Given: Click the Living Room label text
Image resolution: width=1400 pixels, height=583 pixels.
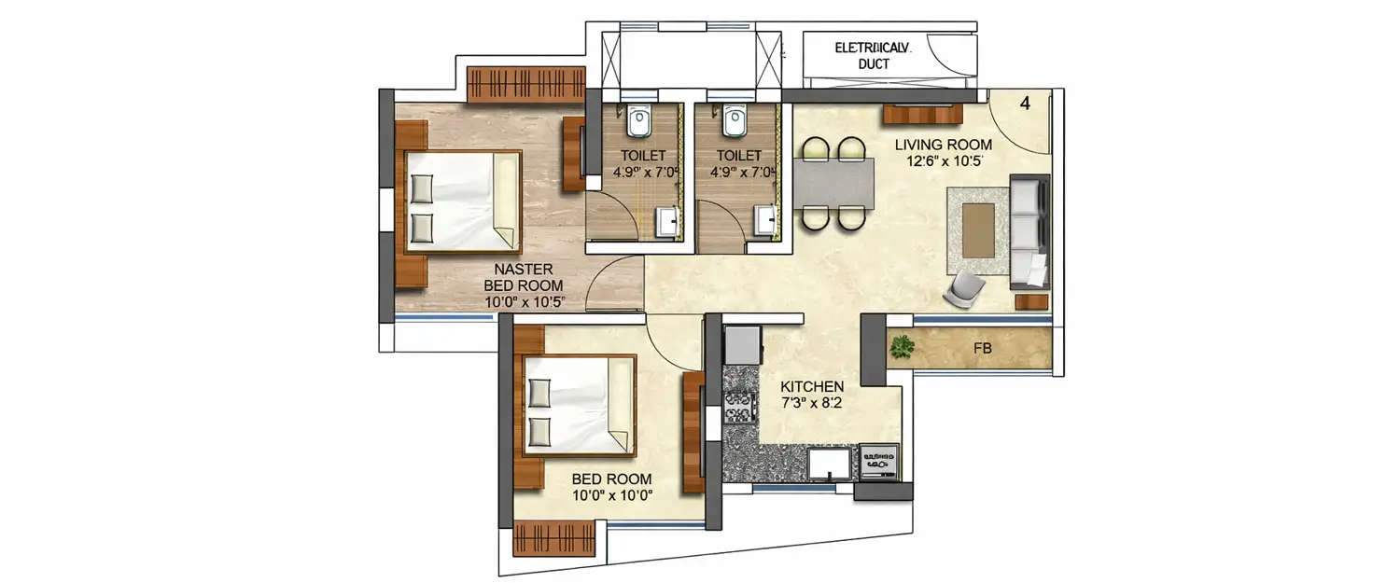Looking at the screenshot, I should click(943, 145).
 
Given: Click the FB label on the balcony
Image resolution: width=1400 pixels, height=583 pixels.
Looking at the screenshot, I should click(982, 349).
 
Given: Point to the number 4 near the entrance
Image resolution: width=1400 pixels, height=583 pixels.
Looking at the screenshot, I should click(1025, 104).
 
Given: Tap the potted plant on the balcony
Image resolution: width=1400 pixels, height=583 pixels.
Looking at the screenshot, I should click(902, 347).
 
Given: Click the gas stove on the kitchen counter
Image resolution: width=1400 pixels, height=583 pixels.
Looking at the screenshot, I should click(739, 408).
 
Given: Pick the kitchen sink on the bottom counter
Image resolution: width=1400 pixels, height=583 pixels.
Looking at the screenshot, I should click(829, 464).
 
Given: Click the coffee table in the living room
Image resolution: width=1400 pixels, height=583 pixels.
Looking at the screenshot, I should click(978, 229).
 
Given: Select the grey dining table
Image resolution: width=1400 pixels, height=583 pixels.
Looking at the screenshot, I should click(833, 184).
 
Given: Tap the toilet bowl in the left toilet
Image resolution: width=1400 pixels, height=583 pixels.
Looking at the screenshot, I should click(639, 121).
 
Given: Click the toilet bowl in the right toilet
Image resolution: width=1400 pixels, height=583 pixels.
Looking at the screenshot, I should click(735, 121).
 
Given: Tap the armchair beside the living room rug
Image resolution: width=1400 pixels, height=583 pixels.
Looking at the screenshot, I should click(964, 289).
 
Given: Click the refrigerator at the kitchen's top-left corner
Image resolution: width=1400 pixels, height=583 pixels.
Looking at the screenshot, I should click(743, 345).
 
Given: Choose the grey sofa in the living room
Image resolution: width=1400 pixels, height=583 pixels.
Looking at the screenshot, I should click(1029, 230).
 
